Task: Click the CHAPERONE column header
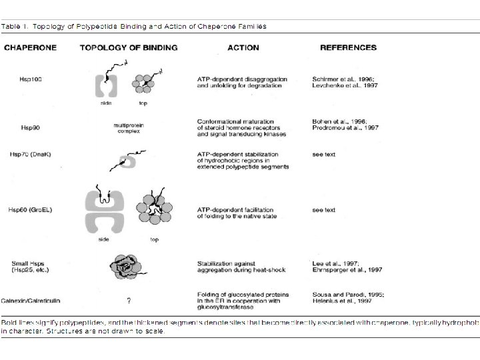pyautogui.click(x=31, y=47)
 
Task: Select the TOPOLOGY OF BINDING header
pyautogui.click(x=129, y=47)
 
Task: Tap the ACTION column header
pyautogui.click(x=243, y=47)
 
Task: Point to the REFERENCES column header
pyautogui.click(x=348, y=47)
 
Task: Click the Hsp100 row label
pyautogui.click(x=31, y=79)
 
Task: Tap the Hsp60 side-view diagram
pyautogui.click(x=105, y=207)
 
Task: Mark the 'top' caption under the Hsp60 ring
pyautogui.click(x=154, y=239)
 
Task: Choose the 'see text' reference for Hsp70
pyautogui.click(x=324, y=154)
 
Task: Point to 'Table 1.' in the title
pyautogui.click(x=15, y=27)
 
